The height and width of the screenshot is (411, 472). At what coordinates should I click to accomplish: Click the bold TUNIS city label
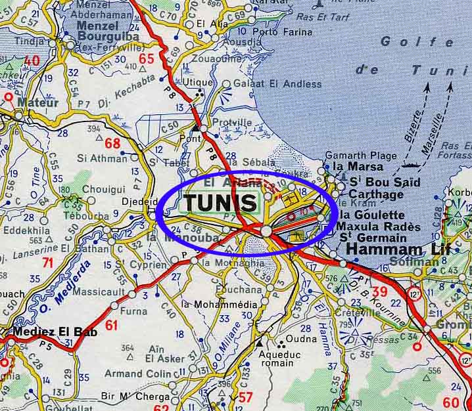(220, 202)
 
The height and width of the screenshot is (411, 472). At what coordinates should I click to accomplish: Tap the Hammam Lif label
(385, 249)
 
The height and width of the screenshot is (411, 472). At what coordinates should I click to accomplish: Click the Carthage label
(376, 194)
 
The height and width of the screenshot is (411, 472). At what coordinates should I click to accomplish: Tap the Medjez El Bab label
(55, 332)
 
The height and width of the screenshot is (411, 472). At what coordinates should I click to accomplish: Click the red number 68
(112, 143)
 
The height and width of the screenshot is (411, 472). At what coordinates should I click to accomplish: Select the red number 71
(47, 263)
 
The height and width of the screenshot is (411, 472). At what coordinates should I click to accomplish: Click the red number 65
(146, 60)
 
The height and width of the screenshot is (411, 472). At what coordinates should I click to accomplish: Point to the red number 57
(245, 397)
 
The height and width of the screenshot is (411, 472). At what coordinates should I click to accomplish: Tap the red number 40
(32, 61)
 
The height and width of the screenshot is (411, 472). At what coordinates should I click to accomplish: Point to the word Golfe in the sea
(404, 41)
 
